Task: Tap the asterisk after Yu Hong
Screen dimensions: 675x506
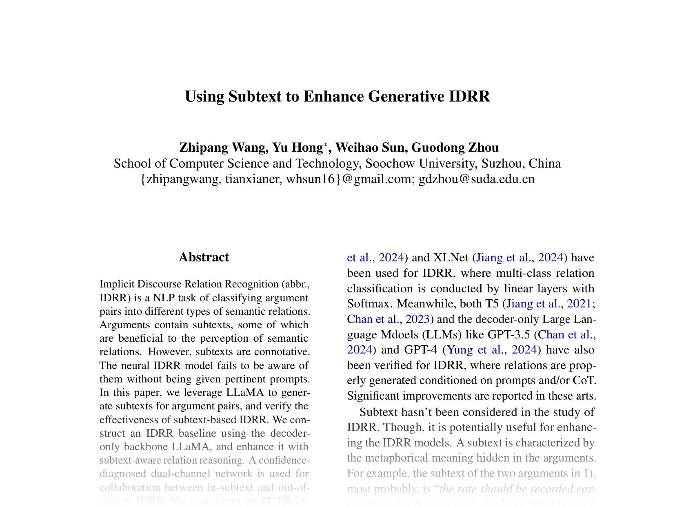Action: pos(325,145)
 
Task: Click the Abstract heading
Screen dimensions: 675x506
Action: pos(204,257)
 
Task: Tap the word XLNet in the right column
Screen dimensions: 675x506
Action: pos(451,257)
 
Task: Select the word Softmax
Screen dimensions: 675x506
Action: pos(370,304)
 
